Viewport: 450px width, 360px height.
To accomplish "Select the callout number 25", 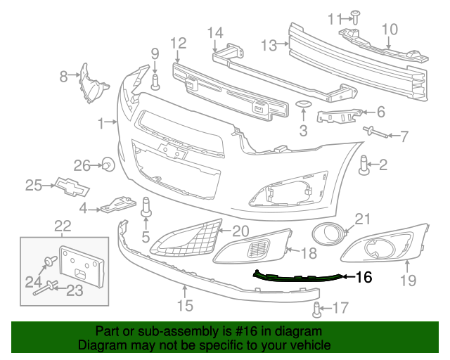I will pos(34,185).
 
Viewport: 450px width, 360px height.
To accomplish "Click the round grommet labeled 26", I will pos(108,165).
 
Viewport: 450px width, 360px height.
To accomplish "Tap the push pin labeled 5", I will pos(147,207).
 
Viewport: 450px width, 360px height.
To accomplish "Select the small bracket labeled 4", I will pos(116,204).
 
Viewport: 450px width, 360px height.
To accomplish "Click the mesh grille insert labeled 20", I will pos(186,236).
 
